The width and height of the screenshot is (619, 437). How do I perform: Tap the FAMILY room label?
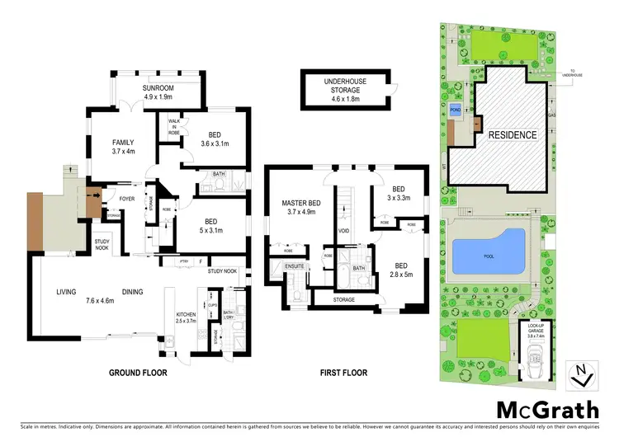(x=123, y=143)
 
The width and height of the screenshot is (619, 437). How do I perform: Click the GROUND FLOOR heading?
(x=138, y=373)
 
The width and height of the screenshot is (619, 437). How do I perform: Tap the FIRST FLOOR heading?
(x=343, y=373)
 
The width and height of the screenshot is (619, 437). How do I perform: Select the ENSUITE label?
(x=295, y=266)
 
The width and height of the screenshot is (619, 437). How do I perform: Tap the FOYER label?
(x=127, y=199)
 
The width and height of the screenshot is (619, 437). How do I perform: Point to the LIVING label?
(x=66, y=292)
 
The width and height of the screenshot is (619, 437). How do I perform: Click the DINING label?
(x=134, y=292)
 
